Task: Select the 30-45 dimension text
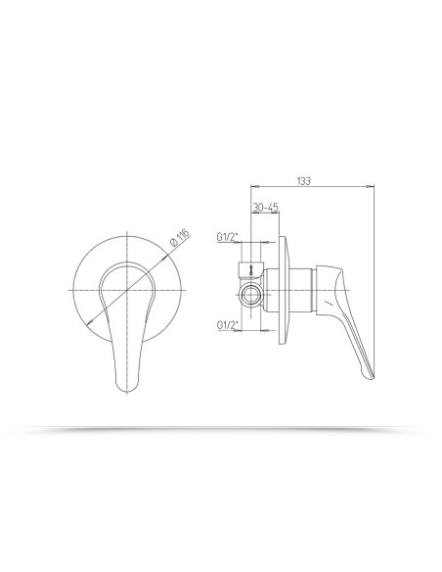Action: pos(265,208)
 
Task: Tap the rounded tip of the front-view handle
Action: pos(124,387)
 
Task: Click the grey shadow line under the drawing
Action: pos(221,428)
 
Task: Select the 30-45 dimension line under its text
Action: pos(266,214)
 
